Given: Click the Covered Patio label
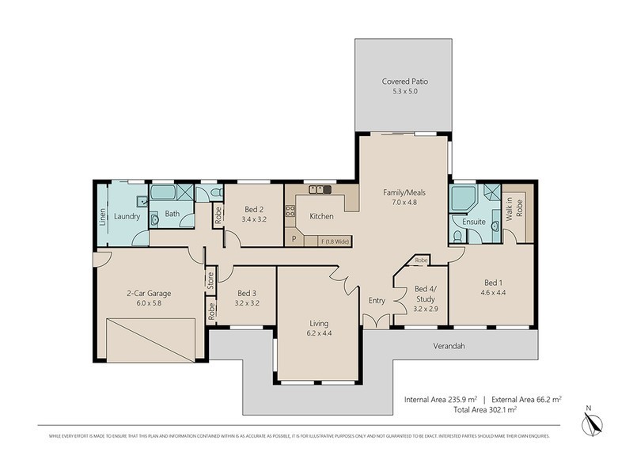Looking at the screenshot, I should (404, 82).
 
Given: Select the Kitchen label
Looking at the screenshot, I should (321, 216).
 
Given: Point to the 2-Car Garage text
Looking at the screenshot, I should (149, 293).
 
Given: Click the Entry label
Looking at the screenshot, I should (376, 300).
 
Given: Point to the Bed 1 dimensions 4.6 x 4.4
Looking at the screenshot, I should (495, 292).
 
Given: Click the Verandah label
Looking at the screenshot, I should (448, 346).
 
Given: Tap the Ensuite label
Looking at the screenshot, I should (474, 222).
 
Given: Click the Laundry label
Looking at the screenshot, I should (127, 216).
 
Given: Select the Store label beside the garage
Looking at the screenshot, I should (210, 279).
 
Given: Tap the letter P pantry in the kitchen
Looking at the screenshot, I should (294, 238).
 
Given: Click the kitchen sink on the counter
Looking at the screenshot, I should (320, 189).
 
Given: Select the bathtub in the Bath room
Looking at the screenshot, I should (164, 192).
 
